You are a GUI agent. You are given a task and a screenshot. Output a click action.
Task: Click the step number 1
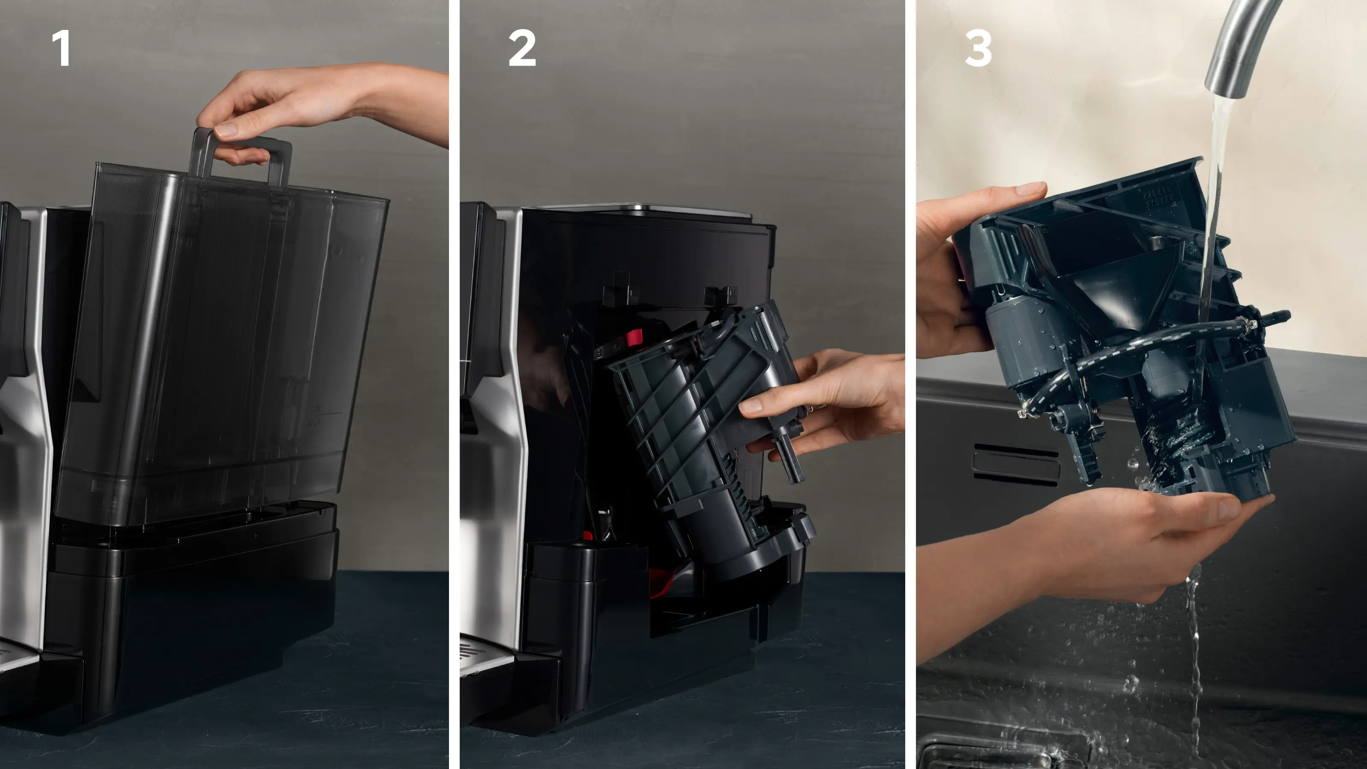tap(62, 48)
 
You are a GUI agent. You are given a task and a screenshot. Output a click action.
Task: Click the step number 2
tap(522, 48)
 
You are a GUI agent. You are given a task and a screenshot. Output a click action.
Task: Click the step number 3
tap(978, 48)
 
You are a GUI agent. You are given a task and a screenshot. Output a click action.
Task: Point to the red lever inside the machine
tap(634, 337)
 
